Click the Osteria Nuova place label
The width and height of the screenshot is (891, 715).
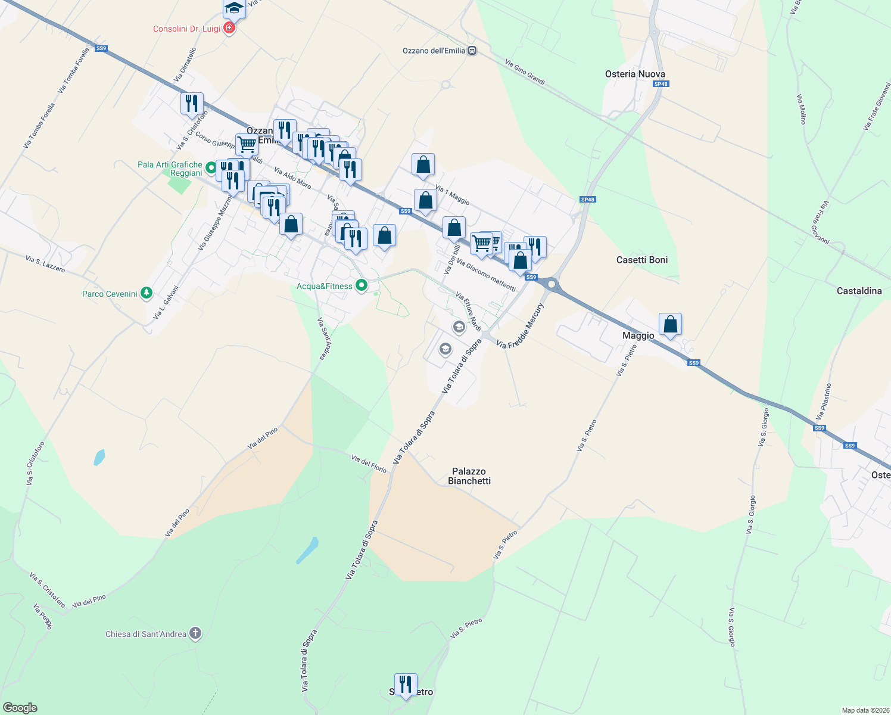click(635, 74)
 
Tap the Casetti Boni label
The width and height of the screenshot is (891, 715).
click(642, 260)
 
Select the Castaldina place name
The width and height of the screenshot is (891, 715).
click(859, 291)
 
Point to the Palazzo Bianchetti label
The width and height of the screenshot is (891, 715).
click(469, 476)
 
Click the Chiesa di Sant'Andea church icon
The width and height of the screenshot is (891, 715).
click(195, 633)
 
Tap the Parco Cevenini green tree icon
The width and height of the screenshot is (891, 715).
click(147, 293)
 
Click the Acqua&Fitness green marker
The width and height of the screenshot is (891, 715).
click(361, 286)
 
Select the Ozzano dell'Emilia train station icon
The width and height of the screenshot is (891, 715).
click(472, 51)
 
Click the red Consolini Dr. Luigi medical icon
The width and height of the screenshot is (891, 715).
click(229, 28)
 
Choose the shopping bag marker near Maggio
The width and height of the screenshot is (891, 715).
click(671, 325)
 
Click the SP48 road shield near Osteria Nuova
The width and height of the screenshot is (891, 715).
click(661, 84)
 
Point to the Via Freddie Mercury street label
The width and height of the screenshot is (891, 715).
click(520, 326)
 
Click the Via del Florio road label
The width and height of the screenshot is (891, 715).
click(369, 464)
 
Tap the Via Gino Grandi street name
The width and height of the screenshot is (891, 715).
click(525, 72)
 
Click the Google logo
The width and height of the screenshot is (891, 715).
click(20, 707)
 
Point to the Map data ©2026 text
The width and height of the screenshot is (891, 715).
click(864, 710)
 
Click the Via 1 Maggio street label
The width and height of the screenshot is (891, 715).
click(453, 195)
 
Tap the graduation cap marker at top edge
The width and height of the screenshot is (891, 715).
click(234, 8)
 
